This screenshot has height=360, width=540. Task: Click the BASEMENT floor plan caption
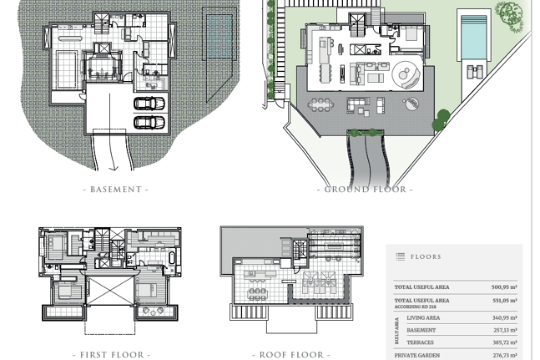coord(116,190)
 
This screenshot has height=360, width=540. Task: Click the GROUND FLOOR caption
coord(365,190)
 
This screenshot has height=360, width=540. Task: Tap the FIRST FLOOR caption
coord(112,355)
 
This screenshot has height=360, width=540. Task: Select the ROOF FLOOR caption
coord(291,355)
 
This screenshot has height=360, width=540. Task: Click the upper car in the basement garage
coord(149,103)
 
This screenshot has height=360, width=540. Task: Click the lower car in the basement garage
coord(149,122)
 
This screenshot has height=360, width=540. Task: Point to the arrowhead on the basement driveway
coord(114,168)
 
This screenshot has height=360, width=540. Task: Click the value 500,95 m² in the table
coord(504,287)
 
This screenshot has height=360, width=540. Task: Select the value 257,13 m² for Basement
coord(504,330)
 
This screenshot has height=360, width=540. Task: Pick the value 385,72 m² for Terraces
coord(504,342)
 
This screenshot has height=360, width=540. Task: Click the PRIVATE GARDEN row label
coord(417,355)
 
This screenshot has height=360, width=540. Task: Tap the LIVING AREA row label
coord(423,317)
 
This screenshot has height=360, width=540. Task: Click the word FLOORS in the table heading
coord(426,256)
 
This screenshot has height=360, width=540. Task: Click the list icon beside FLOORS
coord(400,256)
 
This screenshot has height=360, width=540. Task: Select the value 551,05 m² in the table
coord(504,301)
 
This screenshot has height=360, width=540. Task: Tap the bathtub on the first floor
coord(172,258)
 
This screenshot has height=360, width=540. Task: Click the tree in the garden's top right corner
coord(509,13)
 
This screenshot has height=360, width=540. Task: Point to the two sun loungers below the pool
coord(475,72)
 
